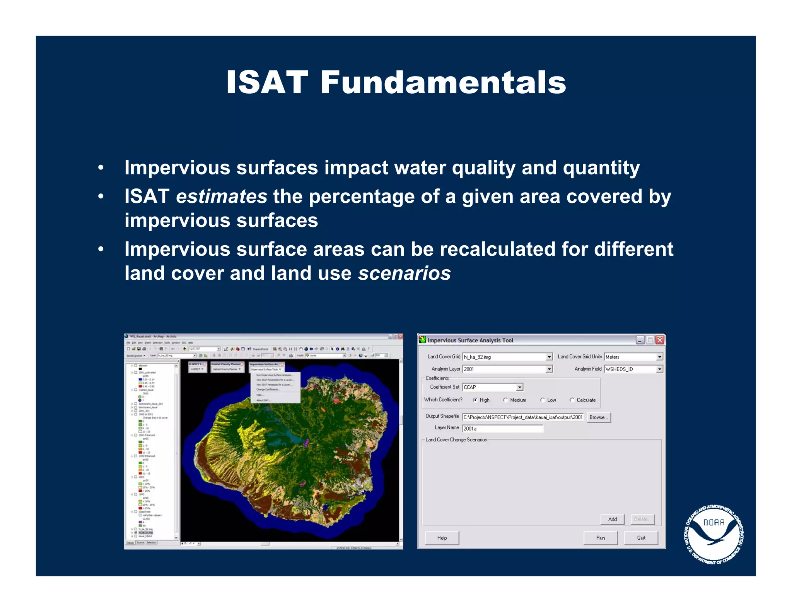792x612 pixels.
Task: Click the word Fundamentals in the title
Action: click(x=443, y=82)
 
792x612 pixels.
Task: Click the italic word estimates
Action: click(x=221, y=197)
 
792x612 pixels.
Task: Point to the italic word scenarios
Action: click(x=404, y=274)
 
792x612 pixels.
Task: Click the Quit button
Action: click(x=641, y=538)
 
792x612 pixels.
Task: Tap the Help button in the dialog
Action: click(x=442, y=538)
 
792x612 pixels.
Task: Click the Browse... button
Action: click(x=599, y=417)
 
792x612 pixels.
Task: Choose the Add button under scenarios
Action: click(x=612, y=519)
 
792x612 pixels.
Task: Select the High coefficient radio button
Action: click(x=475, y=400)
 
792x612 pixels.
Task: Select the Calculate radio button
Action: click(x=572, y=400)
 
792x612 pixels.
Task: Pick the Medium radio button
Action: click(x=505, y=400)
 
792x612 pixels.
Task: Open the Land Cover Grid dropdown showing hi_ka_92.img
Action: click(x=549, y=357)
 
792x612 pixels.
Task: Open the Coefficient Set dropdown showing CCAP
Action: click(x=519, y=387)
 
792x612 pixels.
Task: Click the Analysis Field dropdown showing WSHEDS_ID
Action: click(x=659, y=369)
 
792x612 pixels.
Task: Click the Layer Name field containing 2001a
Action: click(x=502, y=428)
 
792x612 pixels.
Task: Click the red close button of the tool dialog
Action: click(x=660, y=340)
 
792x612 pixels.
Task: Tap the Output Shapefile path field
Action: click(x=522, y=417)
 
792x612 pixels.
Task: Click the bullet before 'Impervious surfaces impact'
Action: click(x=101, y=168)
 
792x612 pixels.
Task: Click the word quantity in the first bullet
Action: click(x=601, y=168)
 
